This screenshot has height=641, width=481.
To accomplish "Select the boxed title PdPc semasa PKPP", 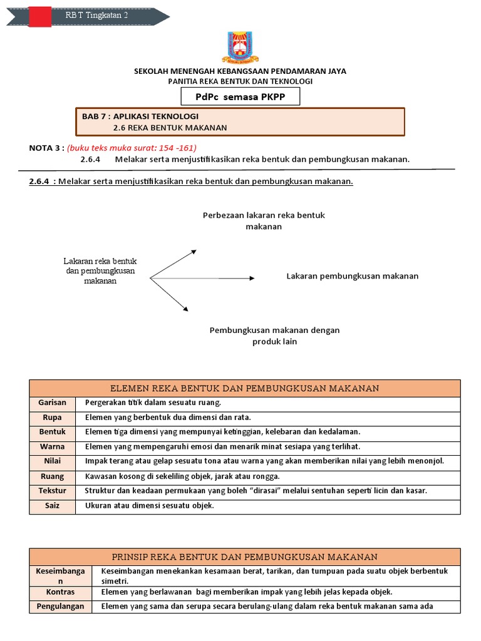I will (x=240, y=96).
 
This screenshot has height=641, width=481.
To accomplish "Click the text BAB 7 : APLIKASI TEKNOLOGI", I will (x=140, y=116).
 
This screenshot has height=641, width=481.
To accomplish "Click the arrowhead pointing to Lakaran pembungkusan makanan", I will (x=251, y=277).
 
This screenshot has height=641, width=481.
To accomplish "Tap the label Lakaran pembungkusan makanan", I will (x=352, y=276).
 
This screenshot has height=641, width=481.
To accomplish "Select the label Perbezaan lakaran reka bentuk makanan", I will (x=264, y=221).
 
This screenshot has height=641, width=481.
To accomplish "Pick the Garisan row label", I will (x=52, y=403).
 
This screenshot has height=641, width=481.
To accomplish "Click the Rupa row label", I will (x=52, y=418).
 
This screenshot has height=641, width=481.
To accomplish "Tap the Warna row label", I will (x=52, y=447).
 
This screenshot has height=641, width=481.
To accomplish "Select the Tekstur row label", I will (x=52, y=491).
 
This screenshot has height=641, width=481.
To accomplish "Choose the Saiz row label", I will (x=52, y=505).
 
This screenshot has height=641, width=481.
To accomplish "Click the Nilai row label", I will (x=52, y=461).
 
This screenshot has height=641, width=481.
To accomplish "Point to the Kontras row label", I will (x=61, y=592).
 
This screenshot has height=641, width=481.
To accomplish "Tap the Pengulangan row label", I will (x=61, y=606).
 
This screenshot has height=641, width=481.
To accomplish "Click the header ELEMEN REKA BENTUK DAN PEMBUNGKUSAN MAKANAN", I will (x=244, y=388).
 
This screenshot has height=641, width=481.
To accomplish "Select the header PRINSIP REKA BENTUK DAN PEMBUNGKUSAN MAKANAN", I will (x=244, y=556).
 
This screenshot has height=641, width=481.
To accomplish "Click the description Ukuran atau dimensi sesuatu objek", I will (x=150, y=506).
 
